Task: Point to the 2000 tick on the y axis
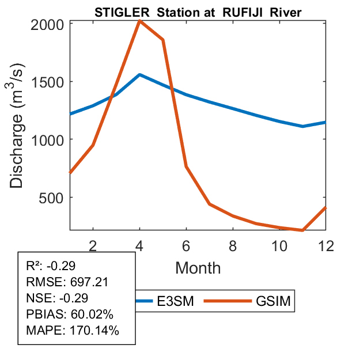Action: click(50, 24)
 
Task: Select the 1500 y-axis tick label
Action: click(50, 82)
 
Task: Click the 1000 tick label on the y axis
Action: click(50, 139)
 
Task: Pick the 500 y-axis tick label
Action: click(55, 198)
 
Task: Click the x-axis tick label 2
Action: click(93, 245)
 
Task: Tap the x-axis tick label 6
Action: click(187, 245)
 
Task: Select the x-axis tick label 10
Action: click(279, 245)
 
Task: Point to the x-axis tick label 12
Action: click(325, 245)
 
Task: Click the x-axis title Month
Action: click(198, 267)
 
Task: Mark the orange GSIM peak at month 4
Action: click(140, 21)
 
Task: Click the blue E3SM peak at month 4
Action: click(140, 75)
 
